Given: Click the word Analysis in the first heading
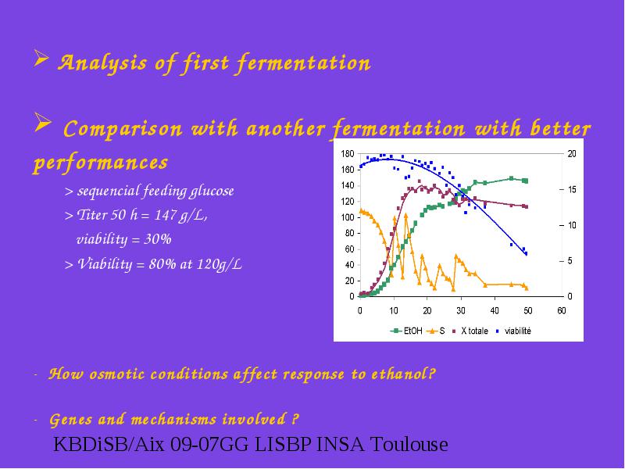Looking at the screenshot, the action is pos(102,63).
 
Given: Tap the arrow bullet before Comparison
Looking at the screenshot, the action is pos(43,123).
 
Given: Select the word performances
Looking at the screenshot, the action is pos(101,163).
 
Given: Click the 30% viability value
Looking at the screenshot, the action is pos(158,239).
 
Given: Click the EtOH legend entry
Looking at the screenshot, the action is pos(406,331).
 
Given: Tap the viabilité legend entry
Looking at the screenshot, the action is pos(513,331).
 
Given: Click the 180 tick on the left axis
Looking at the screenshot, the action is pos(348,154).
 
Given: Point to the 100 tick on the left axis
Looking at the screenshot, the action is pos(348,217).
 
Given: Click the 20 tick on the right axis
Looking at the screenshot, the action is pos(572,154).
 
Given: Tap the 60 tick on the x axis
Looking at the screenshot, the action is pos(562,310).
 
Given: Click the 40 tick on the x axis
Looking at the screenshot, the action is pos(495,310).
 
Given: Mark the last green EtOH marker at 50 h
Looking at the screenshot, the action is pos(525,181).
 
